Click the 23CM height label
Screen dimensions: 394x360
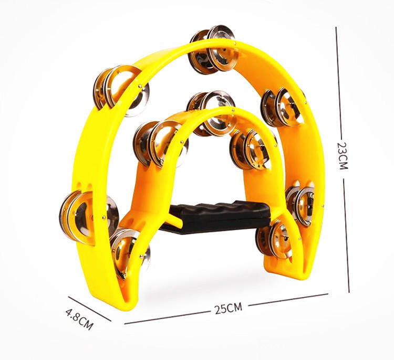pyautogui.click(x=342, y=156)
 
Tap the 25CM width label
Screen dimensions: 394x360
pyautogui.click(x=229, y=308)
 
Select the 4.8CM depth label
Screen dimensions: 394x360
pyautogui.click(x=79, y=319)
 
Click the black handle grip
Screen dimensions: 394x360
pyautogui.click(x=216, y=215)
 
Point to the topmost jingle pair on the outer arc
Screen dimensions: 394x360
pyautogui.click(x=213, y=50)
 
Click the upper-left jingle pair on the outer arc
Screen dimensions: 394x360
pyautogui.click(x=121, y=90)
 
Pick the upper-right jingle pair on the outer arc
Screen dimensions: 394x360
pyautogui.click(x=283, y=108)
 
